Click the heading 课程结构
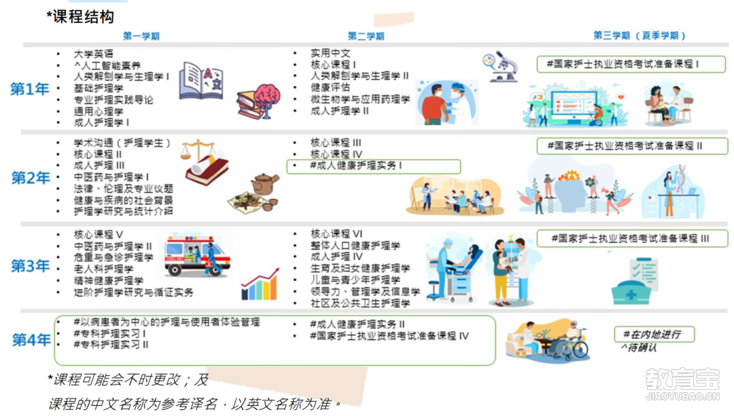[x=83, y=17]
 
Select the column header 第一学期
[x=141, y=36]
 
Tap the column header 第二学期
[x=366, y=36]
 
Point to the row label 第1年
[x=29, y=89]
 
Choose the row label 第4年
[x=31, y=340]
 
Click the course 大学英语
[x=93, y=54]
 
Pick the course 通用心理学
[x=99, y=111]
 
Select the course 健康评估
[x=330, y=88]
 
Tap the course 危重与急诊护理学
[x=113, y=258]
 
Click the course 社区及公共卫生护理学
[x=360, y=303]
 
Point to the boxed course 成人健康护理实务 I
[x=373, y=166]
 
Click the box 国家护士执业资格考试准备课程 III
[x=632, y=238]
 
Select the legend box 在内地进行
[x=654, y=334]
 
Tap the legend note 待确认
[x=638, y=347]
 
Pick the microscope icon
[x=500, y=67]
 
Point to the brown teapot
[x=264, y=184]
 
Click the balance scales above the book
[x=198, y=149]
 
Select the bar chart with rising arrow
[x=260, y=284]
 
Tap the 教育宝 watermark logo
[x=682, y=384]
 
